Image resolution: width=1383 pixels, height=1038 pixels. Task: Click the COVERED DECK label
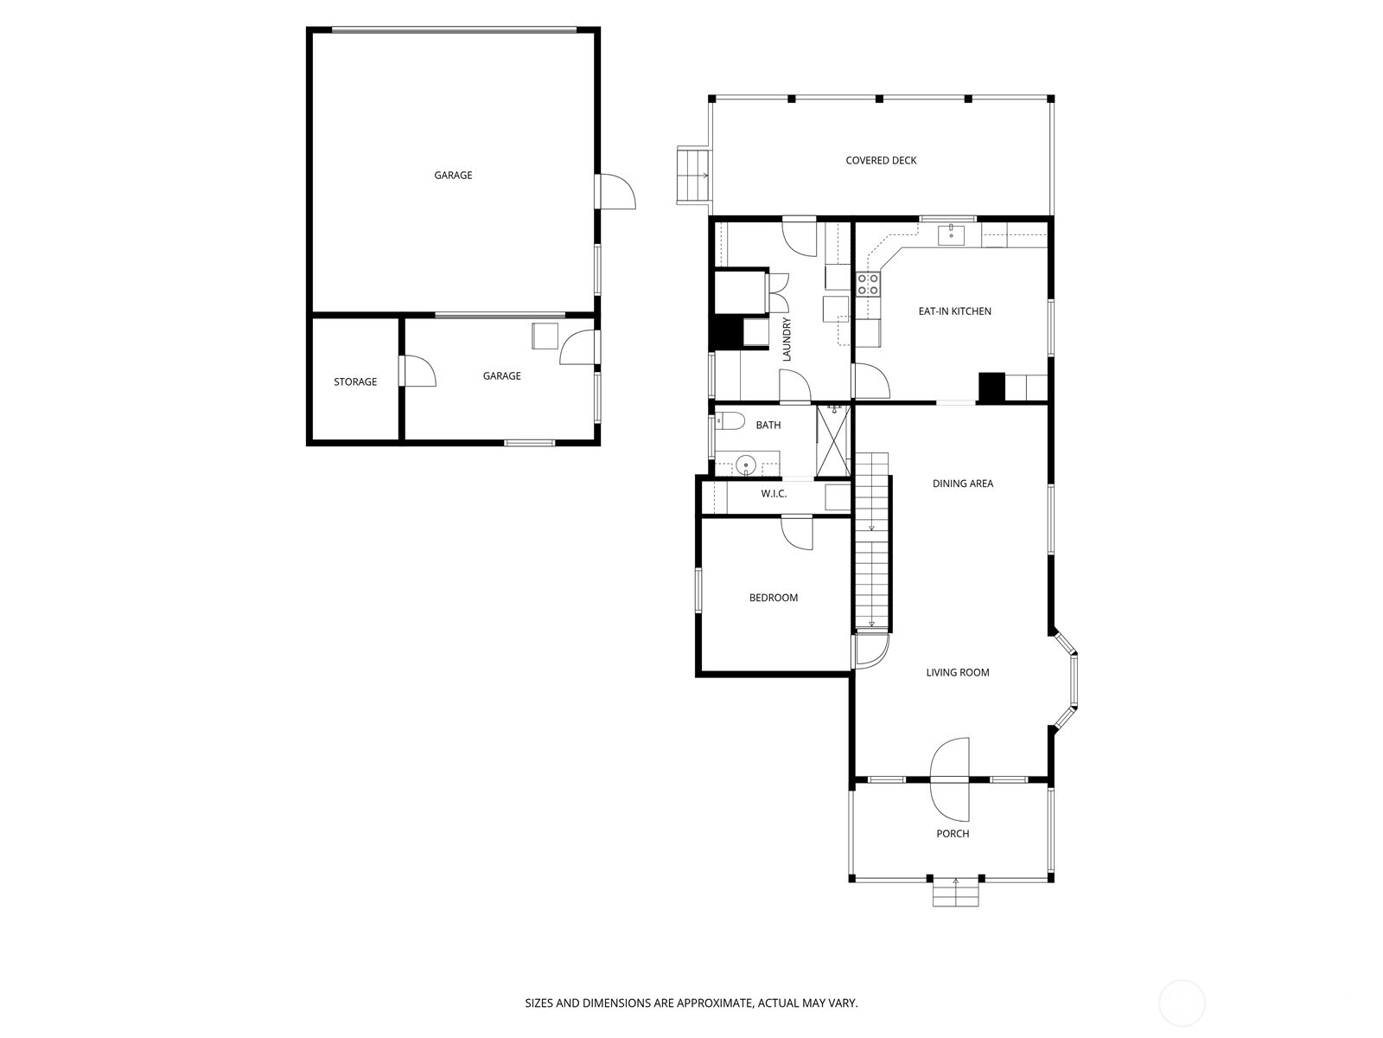pyautogui.click(x=880, y=161)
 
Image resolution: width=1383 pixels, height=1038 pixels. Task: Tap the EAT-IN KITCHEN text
pyautogui.click(x=954, y=311)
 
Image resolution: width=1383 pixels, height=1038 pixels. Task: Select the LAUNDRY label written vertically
pyautogui.click(x=786, y=340)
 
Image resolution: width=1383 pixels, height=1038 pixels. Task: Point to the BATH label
pyautogui.click(x=768, y=426)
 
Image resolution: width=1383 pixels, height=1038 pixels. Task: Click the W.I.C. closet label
pyautogui.click(x=773, y=493)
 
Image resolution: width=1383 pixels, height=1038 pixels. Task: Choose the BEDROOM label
pyautogui.click(x=773, y=598)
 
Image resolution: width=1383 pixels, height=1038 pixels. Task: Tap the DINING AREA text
pyautogui.click(x=963, y=484)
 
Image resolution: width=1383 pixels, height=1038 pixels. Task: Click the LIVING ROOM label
pyautogui.click(x=957, y=672)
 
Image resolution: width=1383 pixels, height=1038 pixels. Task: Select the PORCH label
pyautogui.click(x=952, y=833)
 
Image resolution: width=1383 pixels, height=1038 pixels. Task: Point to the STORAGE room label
pyautogui.click(x=355, y=382)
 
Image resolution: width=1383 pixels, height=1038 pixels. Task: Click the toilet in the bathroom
pyautogui.click(x=730, y=420)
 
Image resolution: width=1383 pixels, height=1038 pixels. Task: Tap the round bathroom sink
pyautogui.click(x=745, y=465)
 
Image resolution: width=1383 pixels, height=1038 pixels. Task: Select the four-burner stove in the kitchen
pyautogui.click(x=868, y=285)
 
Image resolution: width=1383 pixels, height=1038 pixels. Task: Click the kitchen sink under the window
pyautogui.click(x=951, y=235)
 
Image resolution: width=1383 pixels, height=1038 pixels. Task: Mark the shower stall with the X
pyautogui.click(x=833, y=440)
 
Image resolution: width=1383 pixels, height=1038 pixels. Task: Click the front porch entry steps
pyautogui.click(x=955, y=894)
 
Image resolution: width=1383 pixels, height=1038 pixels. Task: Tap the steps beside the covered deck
pyautogui.click(x=693, y=176)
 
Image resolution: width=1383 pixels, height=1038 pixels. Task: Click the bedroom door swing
pyautogui.click(x=797, y=533)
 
